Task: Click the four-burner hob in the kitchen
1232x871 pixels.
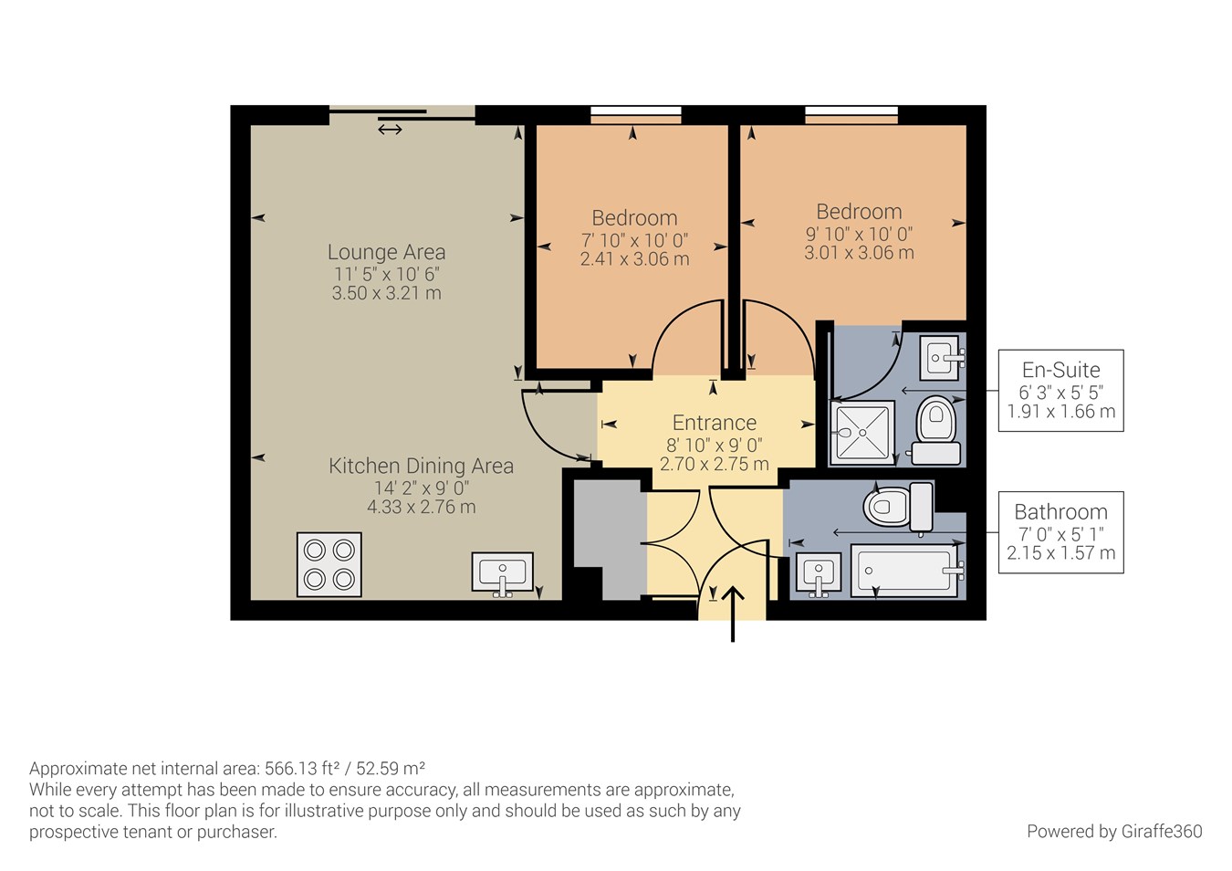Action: pyautogui.click(x=329, y=564)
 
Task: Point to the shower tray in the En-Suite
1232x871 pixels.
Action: pyautogui.click(x=862, y=433)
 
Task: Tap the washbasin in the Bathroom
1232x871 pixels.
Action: pyautogui.click(x=818, y=574)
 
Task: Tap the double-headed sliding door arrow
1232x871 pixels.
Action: pyautogui.click(x=390, y=130)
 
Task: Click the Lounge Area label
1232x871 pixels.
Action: pyautogui.click(x=386, y=252)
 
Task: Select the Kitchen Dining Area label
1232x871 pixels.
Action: pyautogui.click(x=421, y=466)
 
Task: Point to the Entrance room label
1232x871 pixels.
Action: pyautogui.click(x=714, y=423)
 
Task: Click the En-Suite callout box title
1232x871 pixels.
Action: pyautogui.click(x=1060, y=370)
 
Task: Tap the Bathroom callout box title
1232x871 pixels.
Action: pyautogui.click(x=1060, y=512)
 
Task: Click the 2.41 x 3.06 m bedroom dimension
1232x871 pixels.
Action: pyautogui.click(x=634, y=259)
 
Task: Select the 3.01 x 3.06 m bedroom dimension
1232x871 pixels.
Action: pyautogui.click(x=858, y=253)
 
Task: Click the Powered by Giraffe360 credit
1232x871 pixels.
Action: pyautogui.click(x=1113, y=831)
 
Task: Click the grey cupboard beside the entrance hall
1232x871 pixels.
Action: pyautogui.click(x=608, y=539)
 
